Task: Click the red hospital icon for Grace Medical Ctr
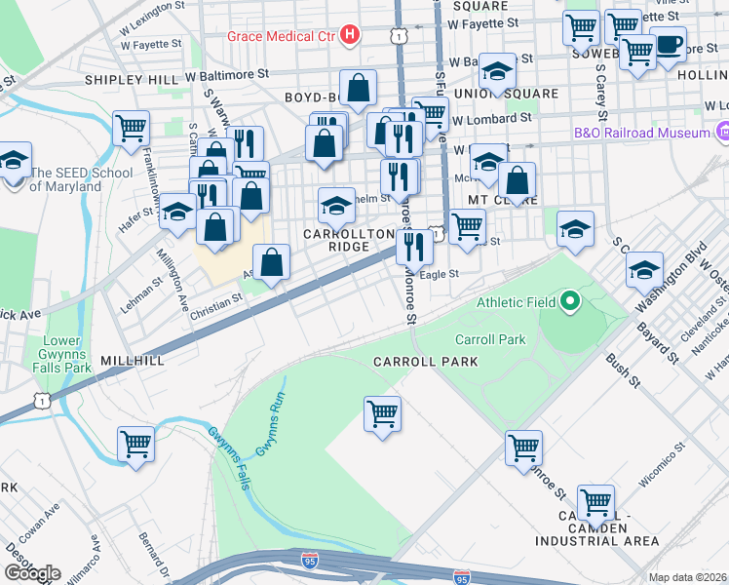click(x=350, y=37)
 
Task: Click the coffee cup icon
click(x=669, y=45)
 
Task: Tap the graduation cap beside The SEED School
click(x=14, y=158)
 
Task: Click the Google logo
click(x=32, y=572)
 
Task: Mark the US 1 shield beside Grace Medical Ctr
click(x=397, y=36)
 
